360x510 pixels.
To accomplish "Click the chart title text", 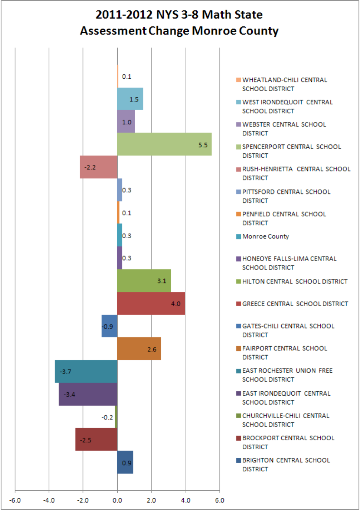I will [x=179, y=23].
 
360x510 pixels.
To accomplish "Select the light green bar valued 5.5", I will [x=164, y=144].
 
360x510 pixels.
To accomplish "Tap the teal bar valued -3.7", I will [x=86, y=371].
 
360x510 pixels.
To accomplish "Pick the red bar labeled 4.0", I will [x=151, y=303].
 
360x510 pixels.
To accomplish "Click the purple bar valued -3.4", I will [x=88, y=394].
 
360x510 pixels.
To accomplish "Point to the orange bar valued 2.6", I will [x=139, y=349].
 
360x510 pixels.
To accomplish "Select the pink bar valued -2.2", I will [x=98, y=167].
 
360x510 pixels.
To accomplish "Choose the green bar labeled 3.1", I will [x=144, y=281].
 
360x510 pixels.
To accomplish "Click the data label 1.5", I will [x=134, y=99].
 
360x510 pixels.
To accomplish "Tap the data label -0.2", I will [x=107, y=418].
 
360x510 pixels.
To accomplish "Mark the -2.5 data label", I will [x=85, y=440].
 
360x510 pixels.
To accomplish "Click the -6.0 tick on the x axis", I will [x=15, y=500].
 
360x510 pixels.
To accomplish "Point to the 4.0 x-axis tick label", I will [x=186, y=500].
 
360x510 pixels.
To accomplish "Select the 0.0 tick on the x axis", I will [x=117, y=500].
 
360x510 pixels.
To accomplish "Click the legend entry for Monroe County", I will [x=265, y=236].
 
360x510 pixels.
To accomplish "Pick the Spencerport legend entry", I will [x=291, y=151].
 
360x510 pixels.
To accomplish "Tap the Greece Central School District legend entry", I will [x=295, y=304].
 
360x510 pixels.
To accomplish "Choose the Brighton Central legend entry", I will [x=286, y=465].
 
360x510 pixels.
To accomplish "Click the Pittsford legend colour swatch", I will [x=239, y=192].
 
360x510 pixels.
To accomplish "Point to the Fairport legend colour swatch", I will [x=239, y=349].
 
